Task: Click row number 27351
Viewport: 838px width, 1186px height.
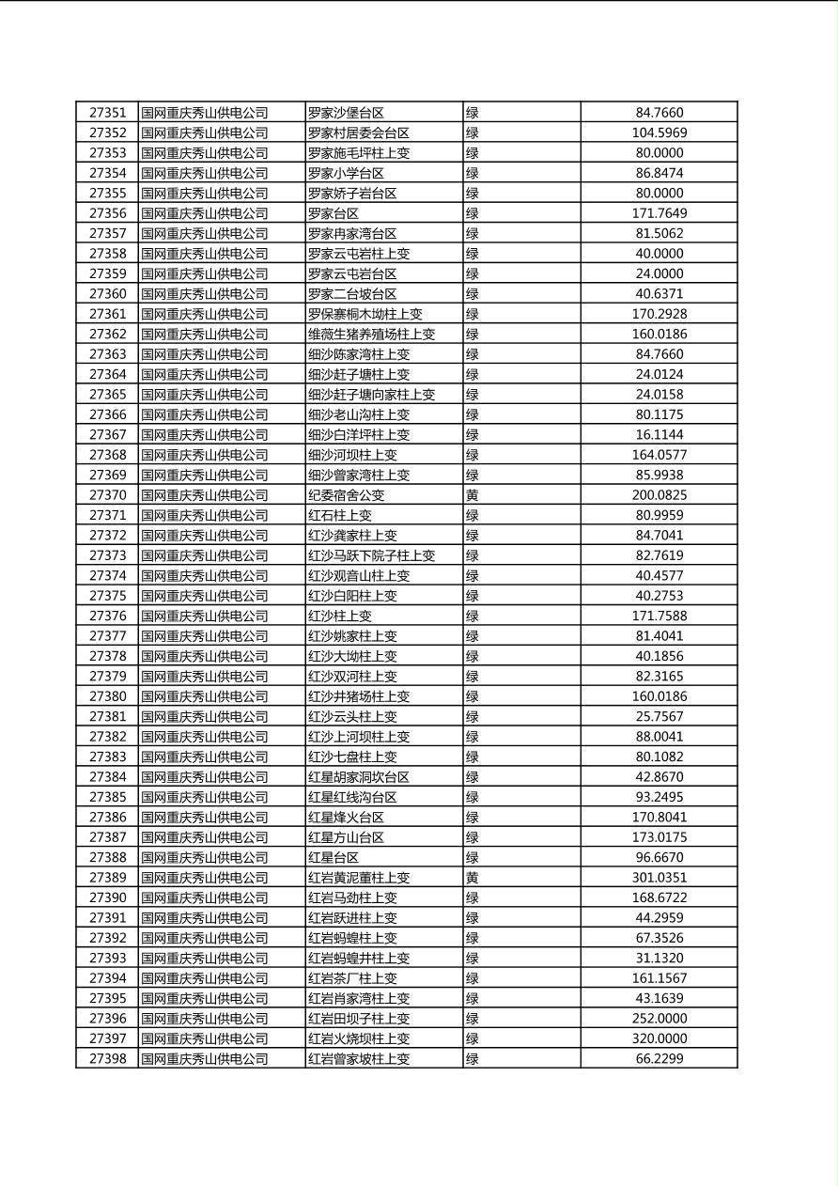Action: tap(107, 113)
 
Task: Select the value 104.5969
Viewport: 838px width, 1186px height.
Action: tap(659, 133)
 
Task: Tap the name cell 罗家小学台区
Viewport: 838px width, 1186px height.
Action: tap(346, 173)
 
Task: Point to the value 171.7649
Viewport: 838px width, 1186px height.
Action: tap(659, 213)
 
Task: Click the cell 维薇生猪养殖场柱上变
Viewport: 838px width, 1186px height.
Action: tap(371, 334)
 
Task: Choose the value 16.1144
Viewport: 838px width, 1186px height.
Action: tap(659, 434)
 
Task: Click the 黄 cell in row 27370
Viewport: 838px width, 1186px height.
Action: tap(473, 495)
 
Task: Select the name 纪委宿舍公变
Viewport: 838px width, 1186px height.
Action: tap(346, 495)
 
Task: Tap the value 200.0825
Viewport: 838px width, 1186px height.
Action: tap(659, 495)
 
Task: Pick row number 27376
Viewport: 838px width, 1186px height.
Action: tap(107, 616)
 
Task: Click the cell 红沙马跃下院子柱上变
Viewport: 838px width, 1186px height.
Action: tap(371, 555)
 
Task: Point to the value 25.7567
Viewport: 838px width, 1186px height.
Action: tap(659, 716)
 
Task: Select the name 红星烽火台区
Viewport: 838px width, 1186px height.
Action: tap(346, 817)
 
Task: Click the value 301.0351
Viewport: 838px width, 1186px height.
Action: tap(659, 878)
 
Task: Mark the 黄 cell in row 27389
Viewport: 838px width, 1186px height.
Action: tap(473, 878)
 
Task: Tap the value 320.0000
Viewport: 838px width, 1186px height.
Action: tap(659, 1038)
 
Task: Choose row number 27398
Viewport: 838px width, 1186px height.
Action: tap(107, 1058)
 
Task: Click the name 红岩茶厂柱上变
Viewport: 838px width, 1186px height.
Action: tap(352, 978)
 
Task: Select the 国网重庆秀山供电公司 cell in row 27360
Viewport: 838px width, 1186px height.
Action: tap(204, 293)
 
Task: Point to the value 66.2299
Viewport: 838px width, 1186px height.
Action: tap(659, 1058)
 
